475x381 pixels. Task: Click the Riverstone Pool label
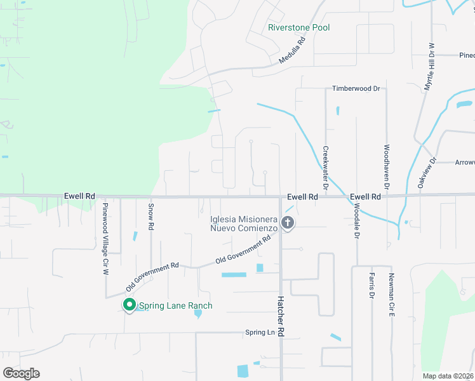pyautogui.click(x=299, y=28)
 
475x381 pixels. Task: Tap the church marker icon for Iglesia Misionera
pyautogui.click(x=288, y=223)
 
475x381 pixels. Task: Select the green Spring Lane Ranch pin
pyautogui.click(x=130, y=305)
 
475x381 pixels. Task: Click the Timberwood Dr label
pyautogui.click(x=356, y=89)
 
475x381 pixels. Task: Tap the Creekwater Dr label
pyautogui.click(x=325, y=168)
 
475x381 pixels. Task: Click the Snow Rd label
pyautogui.click(x=151, y=217)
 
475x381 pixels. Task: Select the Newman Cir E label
pyautogui.click(x=392, y=292)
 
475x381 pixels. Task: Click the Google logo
pyautogui.click(x=21, y=373)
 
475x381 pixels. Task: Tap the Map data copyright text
pyautogui.click(x=447, y=376)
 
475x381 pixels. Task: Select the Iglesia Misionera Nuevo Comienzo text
pyautogui.click(x=244, y=224)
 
